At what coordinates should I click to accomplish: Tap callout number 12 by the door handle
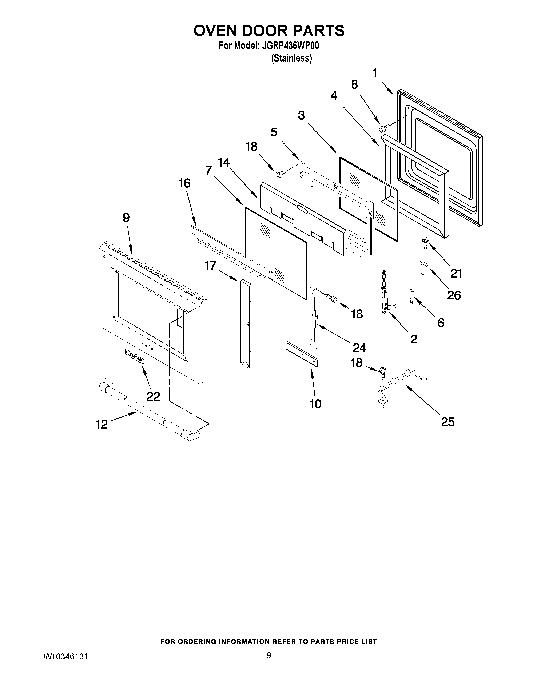click(102, 424)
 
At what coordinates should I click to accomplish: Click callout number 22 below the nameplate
click(153, 396)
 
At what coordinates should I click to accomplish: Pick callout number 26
click(454, 295)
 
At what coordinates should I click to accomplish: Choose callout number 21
click(456, 273)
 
